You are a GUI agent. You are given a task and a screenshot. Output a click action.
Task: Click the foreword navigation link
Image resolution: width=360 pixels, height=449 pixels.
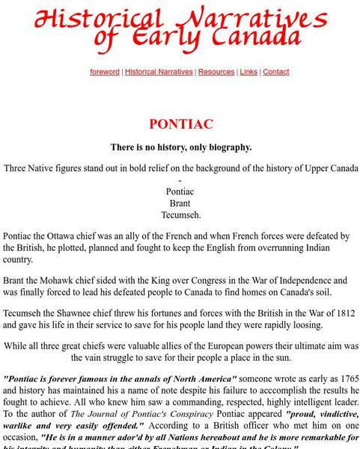pos(105,72)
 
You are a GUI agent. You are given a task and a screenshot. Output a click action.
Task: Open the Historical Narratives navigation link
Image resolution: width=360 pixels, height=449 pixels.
pos(159,72)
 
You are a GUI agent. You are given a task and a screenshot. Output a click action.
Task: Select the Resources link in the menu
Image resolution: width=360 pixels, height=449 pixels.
pos(216,72)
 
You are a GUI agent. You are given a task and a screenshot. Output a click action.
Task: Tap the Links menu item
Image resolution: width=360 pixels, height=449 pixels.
pos(249,72)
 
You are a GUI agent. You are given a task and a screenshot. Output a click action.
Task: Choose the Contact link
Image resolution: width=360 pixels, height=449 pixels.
pos(276,72)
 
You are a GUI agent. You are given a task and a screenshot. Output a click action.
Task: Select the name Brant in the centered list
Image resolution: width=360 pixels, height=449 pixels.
pos(180,203)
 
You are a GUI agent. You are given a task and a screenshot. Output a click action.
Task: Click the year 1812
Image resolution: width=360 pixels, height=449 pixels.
pos(334,314)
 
